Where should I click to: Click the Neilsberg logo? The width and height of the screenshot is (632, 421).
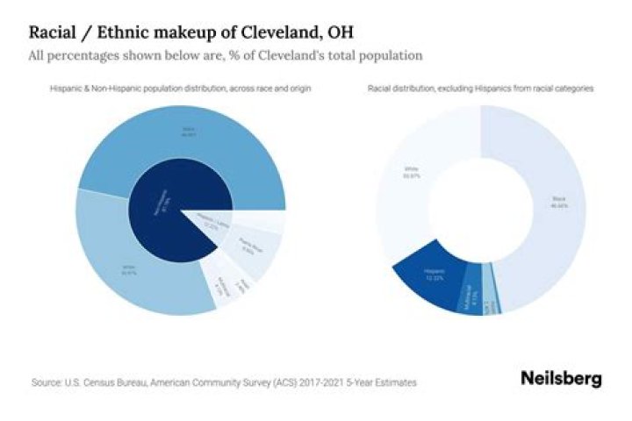tap(561, 379)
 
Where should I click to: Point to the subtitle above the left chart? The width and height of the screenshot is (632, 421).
tap(180, 89)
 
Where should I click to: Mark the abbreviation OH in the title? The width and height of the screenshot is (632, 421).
tap(340, 33)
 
